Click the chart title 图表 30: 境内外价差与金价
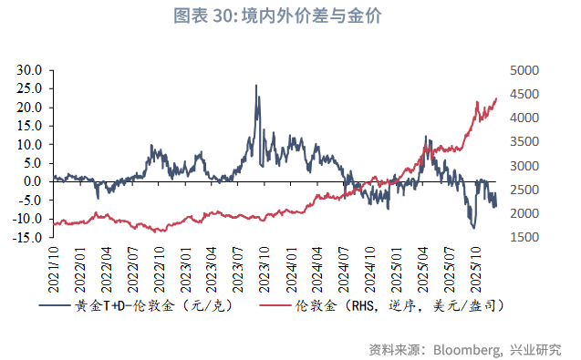click(x=290, y=15)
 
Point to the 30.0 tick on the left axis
click(x=30, y=70)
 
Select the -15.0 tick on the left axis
click(x=28, y=238)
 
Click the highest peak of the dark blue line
click(x=255, y=86)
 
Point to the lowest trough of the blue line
click(x=473, y=227)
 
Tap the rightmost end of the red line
click(x=496, y=98)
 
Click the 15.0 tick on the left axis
click(x=30, y=126)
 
